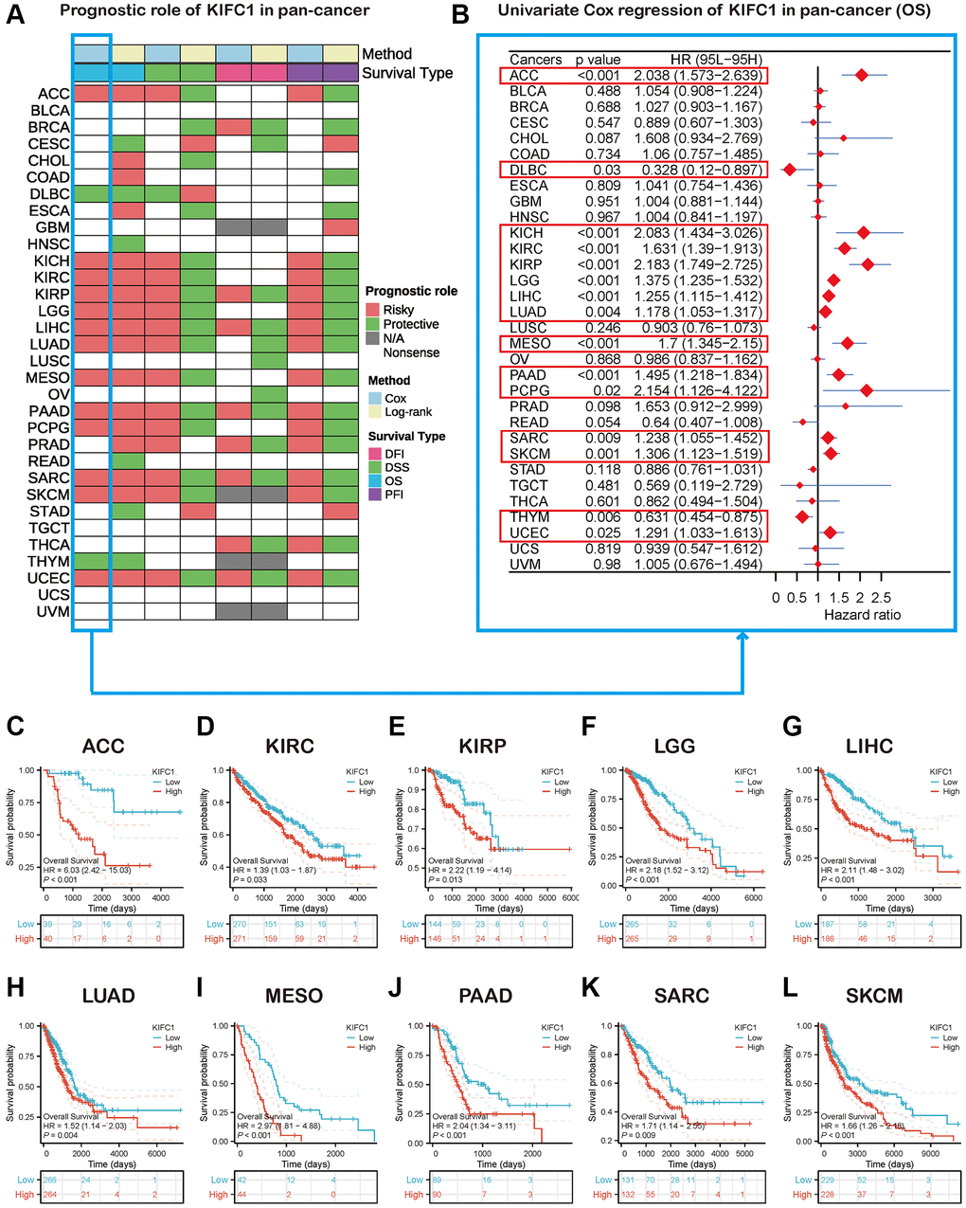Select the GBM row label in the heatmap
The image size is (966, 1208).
tap(52, 227)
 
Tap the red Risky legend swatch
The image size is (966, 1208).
tap(373, 310)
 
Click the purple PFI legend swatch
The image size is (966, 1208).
tap(376, 495)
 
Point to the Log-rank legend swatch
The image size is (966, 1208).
tap(376, 412)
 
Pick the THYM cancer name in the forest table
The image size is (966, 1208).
tap(528, 517)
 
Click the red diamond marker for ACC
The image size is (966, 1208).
tap(861, 75)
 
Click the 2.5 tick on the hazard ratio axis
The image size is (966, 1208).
tap(881, 598)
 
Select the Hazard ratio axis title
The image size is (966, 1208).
tap(862, 615)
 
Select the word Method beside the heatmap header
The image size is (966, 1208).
tap(386, 54)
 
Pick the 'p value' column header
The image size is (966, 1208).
tap(598, 59)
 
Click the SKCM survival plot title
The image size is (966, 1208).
tap(872, 996)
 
